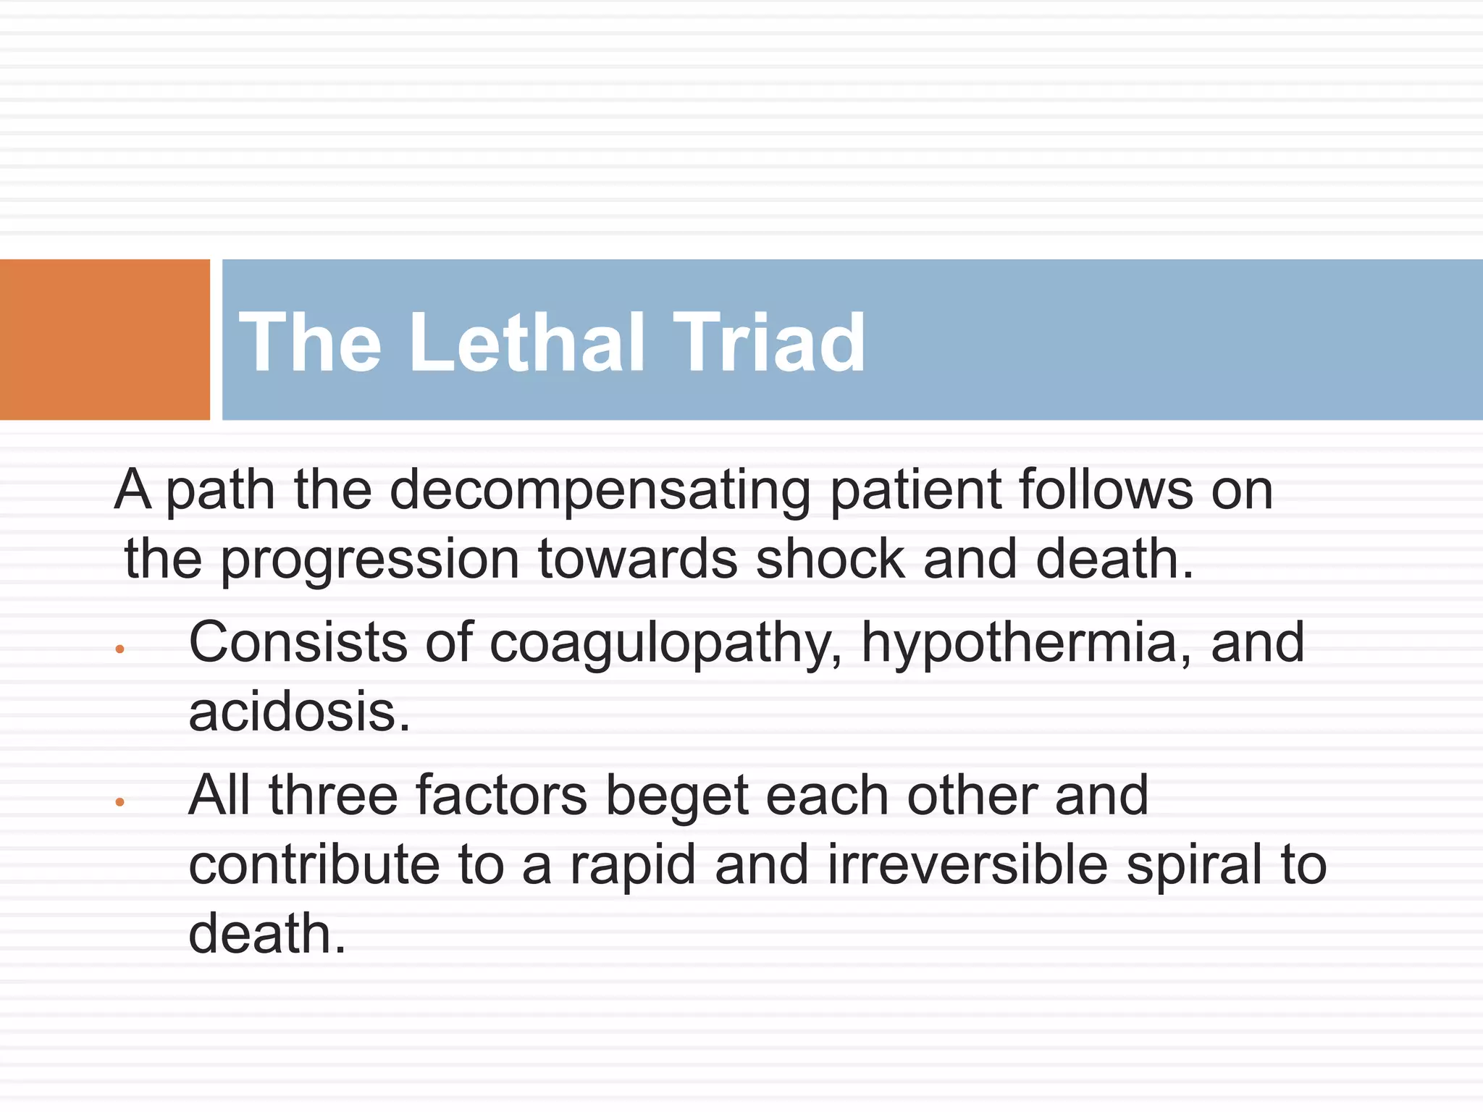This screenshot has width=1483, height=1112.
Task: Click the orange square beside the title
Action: (x=104, y=340)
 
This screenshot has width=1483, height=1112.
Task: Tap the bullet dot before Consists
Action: (x=120, y=649)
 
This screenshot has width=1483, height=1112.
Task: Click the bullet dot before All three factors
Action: (x=120, y=802)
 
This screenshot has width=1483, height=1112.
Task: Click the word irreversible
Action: (x=967, y=864)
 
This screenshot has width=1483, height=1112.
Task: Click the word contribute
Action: (x=314, y=864)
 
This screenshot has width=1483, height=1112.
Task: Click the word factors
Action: (x=501, y=795)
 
